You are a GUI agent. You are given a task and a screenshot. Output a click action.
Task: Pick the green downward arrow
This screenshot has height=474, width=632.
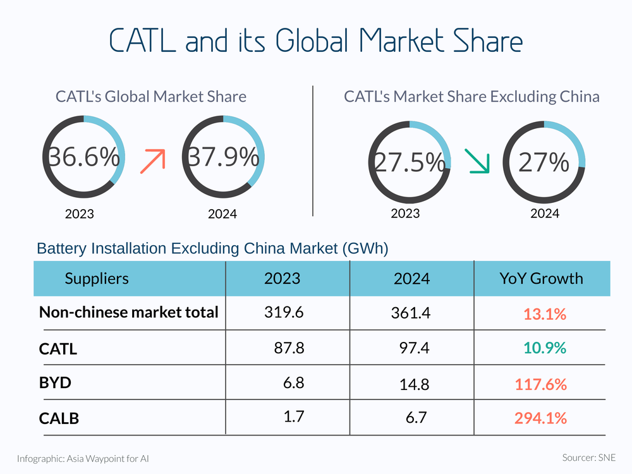click(476, 161)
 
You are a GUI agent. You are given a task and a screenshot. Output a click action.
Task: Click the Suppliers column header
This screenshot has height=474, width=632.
click(97, 278)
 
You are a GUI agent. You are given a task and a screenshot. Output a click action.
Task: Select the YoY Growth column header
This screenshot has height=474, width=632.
click(542, 278)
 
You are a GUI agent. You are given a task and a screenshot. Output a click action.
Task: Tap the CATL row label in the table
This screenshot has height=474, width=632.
click(58, 348)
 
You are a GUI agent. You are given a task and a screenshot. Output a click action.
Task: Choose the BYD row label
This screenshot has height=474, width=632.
click(55, 383)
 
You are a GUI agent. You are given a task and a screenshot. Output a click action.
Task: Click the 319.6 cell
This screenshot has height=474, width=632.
click(283, 312)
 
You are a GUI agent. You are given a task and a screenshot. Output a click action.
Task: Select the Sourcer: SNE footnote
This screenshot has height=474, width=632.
click(588, 457)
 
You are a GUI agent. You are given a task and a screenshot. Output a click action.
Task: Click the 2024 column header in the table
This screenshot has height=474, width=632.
click(411, 278)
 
